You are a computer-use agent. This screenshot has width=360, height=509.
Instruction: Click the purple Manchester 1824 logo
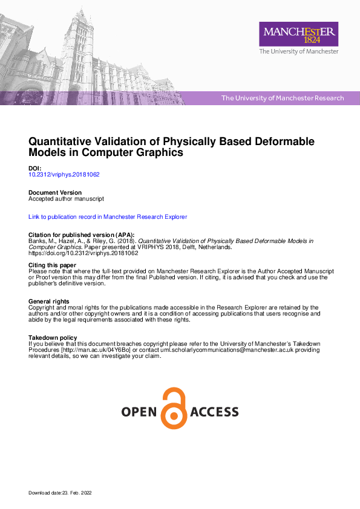click(x=298, y=34)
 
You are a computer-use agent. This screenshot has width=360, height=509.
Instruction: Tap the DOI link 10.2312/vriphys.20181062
click(x=64, y=175)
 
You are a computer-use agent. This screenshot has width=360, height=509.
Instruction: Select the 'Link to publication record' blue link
click(x=108, y=216)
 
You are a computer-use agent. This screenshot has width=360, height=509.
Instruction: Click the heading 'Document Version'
click(x=55, y=193)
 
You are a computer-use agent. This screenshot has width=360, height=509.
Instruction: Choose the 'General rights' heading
click(x=48, y=301)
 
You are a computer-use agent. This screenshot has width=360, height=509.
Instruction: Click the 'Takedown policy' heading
click(x=53, y=337)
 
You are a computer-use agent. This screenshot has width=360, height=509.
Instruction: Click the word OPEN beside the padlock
click(x=139, y=412)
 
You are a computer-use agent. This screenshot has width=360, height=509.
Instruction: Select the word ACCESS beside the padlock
click(x=214, y=412)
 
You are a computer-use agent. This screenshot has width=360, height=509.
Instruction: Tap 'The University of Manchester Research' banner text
click(x=283, y=98)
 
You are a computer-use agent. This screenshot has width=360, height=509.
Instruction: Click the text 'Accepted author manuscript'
click(x=67, y=199)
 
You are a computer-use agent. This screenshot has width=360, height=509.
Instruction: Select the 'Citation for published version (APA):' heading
click(x=82, y=235)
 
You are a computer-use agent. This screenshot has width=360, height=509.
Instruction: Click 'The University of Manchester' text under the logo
click(x=298, y=52)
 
